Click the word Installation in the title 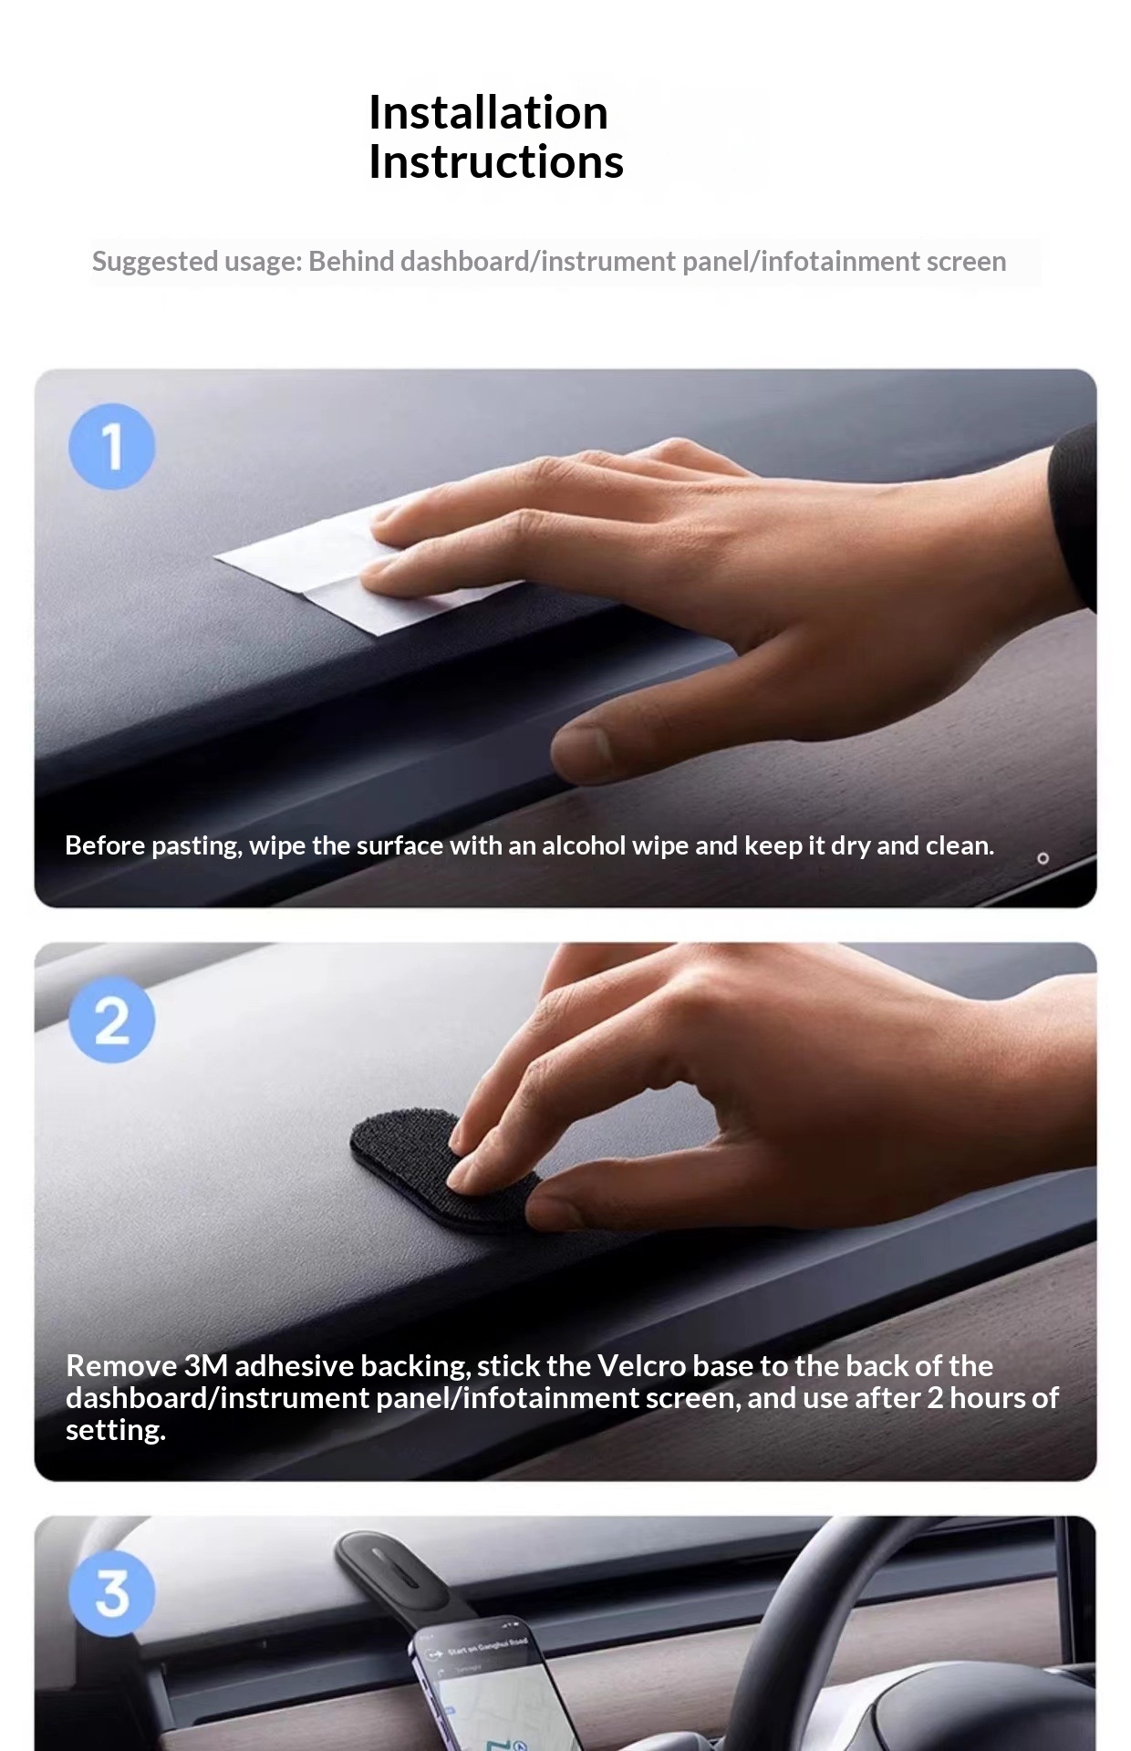click(x=488, y=113)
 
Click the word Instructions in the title click(x=495, y=162)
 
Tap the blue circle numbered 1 click(x=112, y=447)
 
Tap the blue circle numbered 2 click(x=112, y=1020)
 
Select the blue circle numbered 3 click(x=112, y=1593)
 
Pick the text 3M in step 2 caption click(x=205, y=1366)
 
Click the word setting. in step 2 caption click(x=115, y=1430)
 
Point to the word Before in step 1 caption click(x=105, y=846)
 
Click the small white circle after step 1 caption click(x=1043, y=858)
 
